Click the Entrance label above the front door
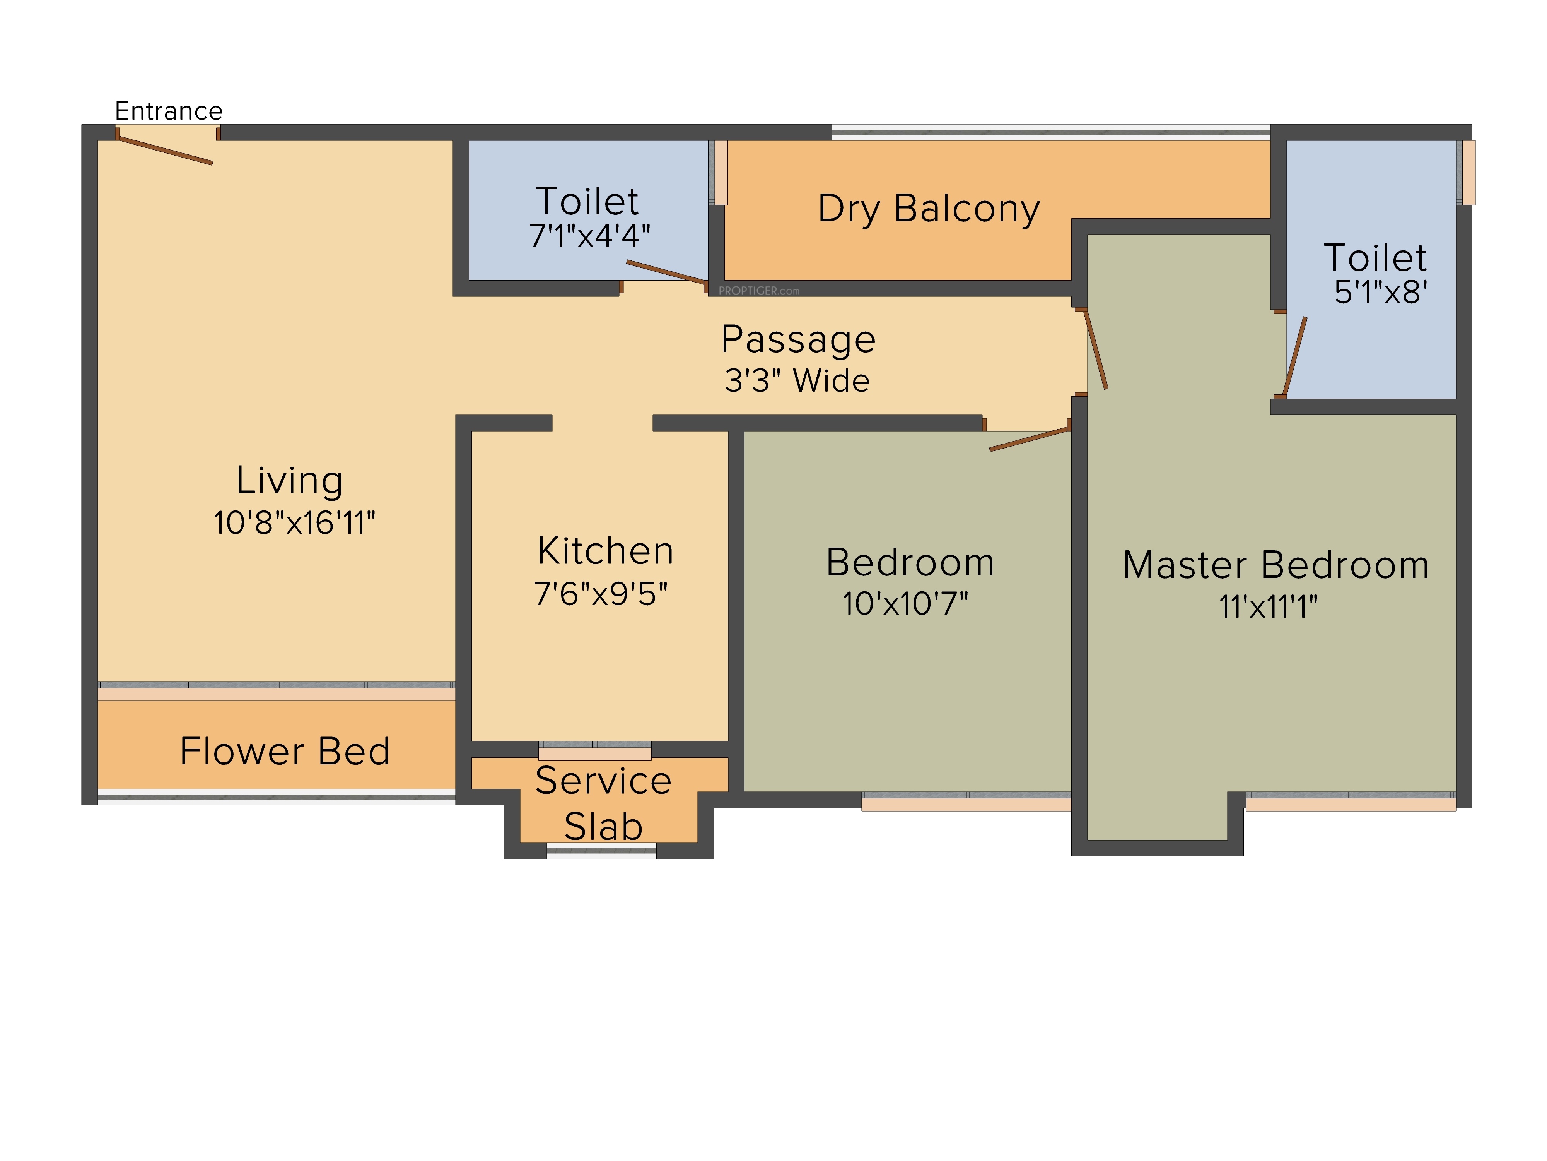pos(169,111)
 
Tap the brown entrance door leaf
pos(165,151)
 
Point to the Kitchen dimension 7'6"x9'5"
pos(601,593)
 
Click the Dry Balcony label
pos(929,209)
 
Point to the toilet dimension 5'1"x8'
pos(1381,292)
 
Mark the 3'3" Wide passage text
pos(797,381)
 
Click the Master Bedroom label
pos(1276,565)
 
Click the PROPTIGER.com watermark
pos(759,290)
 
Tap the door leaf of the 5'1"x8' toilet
pos(1294,357)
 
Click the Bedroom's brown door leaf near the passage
pos(1030,440)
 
